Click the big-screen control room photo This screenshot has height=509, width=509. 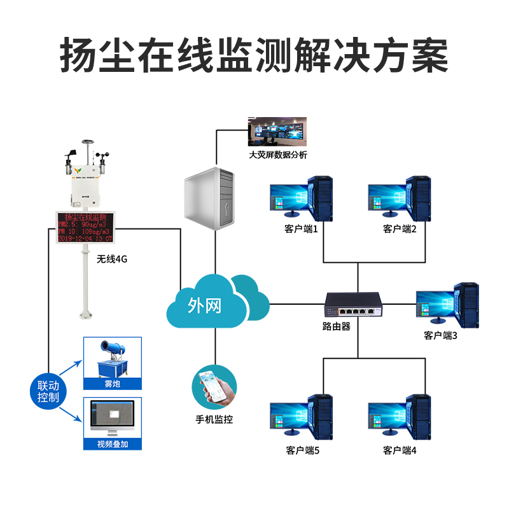tap(277, 132)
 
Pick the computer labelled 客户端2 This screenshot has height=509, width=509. tap(400, 197)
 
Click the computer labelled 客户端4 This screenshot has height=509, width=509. tap(400, 417)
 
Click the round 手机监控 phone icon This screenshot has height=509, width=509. tap(214, 386)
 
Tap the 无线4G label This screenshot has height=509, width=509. tap(113, 260)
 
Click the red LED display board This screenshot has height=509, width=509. tap(85, 227)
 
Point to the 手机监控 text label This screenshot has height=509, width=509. tap(214, 420)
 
